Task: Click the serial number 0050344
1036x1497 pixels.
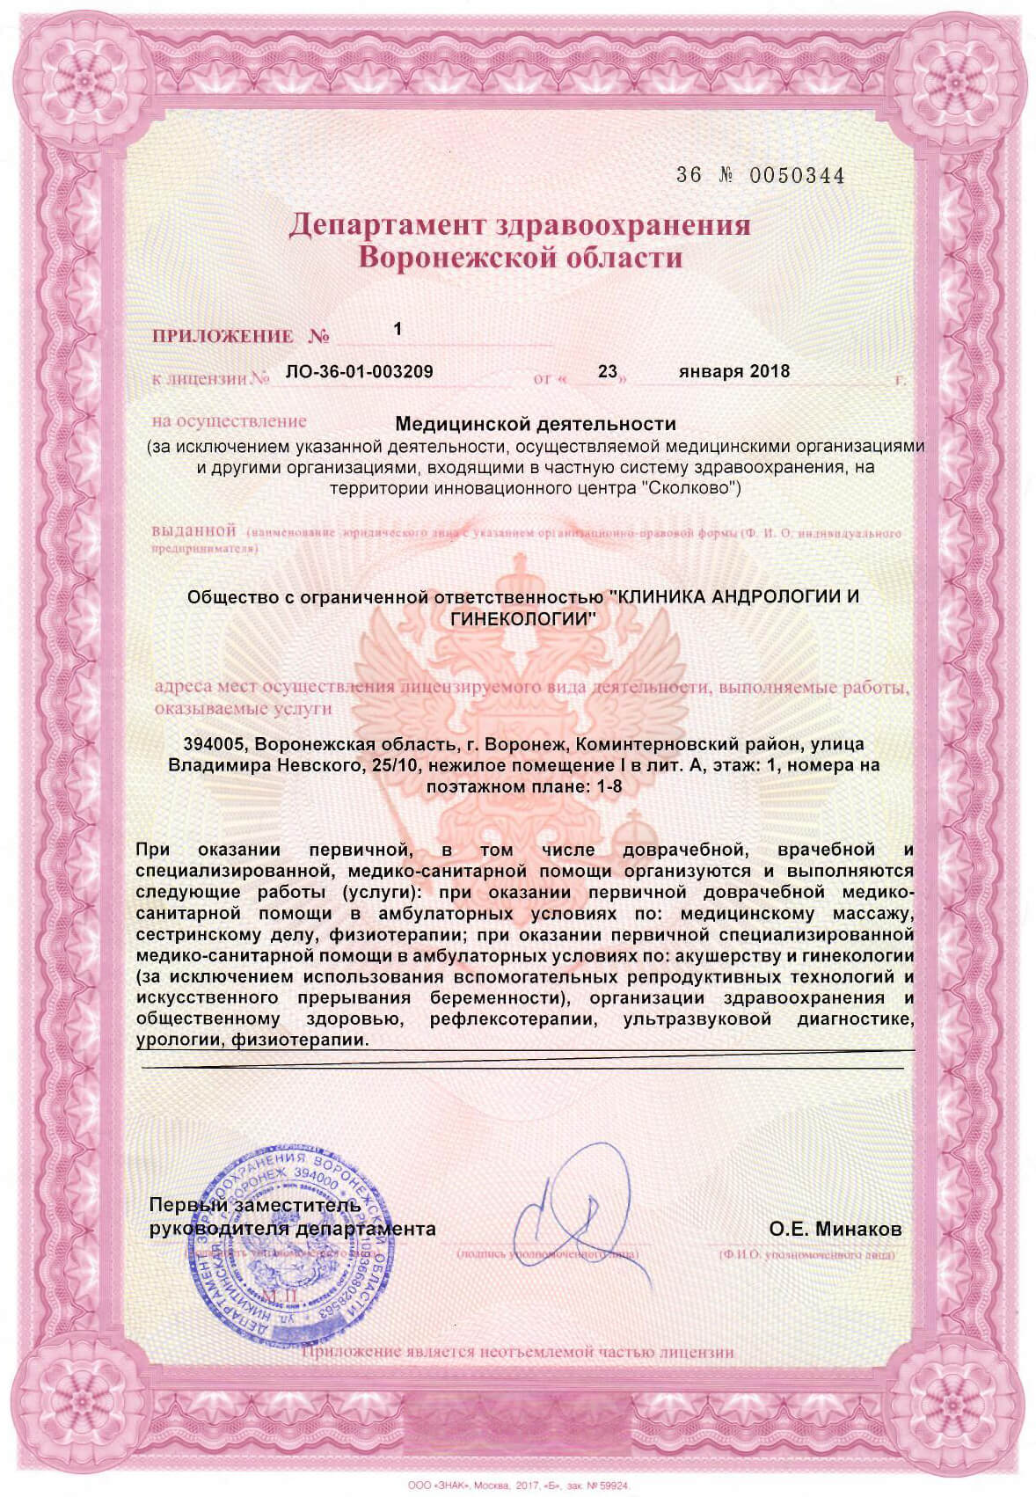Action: [796, 176]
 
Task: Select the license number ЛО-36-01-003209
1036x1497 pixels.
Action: [359, 371]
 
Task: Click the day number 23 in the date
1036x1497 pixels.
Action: [607, 371]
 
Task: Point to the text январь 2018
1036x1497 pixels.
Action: [734, 371]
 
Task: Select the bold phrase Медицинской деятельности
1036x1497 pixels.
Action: [536, 425]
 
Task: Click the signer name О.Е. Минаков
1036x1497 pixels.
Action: [835, 1230]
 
